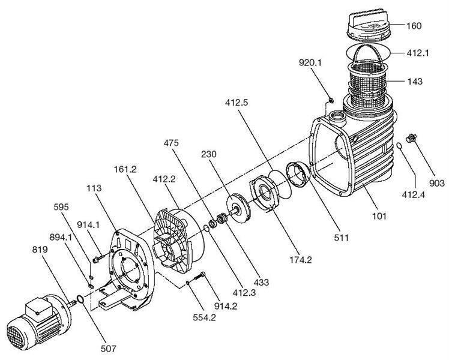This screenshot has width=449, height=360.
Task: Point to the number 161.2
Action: coord(127,170)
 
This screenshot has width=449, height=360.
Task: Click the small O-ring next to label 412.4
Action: coord(400,147)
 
